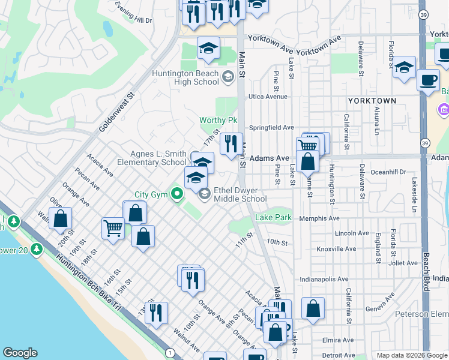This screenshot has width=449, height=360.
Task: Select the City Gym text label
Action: point(150,194)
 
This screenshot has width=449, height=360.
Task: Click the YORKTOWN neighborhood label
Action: point(372,101)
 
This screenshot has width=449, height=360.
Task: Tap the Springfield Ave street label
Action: point(272,128)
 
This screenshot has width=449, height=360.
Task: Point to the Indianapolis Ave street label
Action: point(324,279)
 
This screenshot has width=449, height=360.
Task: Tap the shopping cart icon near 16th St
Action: point(113,229)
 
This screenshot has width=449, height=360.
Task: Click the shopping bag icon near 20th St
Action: point(61,218)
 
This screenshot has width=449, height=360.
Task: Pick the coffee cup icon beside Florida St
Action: point(428,80)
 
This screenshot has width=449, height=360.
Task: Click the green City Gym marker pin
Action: point(176,194)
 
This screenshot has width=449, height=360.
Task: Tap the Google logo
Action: point(20,353)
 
